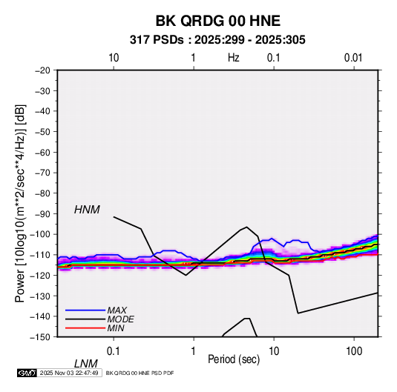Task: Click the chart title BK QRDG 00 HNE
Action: pos(217,21)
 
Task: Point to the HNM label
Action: pos(87,210)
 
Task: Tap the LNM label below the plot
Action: pos(86,364)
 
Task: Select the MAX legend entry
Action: pos(117,310)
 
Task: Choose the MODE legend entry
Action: pos(120,319)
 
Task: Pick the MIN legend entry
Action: pos(116,328)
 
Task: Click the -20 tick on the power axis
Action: pos(42,70)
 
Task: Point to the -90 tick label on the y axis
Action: pos(42,213)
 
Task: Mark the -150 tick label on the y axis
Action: pos(40,337)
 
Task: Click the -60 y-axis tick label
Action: pos(42,152)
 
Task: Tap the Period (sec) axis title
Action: pos(234,359)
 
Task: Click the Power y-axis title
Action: pos(20,204)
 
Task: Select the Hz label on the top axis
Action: pos(234,58)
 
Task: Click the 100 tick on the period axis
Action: pos(354,351)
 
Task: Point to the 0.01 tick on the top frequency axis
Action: pos(353,58)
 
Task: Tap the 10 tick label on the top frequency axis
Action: pos(114,58)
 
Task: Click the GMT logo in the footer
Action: pos(27,373)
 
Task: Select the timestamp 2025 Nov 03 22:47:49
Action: pos(69,373)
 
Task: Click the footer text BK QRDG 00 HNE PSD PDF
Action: pos(140,373)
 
